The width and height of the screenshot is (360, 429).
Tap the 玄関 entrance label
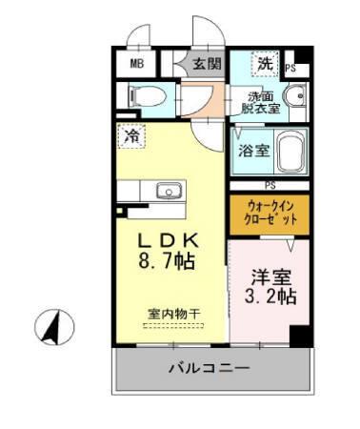(207, 64)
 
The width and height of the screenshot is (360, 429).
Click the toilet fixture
(143, 95)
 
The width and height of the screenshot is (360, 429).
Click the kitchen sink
(169, 190)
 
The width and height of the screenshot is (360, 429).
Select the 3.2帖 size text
(271, 296)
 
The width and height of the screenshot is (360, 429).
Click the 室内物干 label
(172, 313)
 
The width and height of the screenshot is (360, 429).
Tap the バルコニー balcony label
(210, 367)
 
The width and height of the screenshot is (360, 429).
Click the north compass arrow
(54, 327)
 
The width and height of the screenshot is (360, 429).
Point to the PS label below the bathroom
(270, 185)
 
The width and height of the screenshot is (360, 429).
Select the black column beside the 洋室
(301, 337)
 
